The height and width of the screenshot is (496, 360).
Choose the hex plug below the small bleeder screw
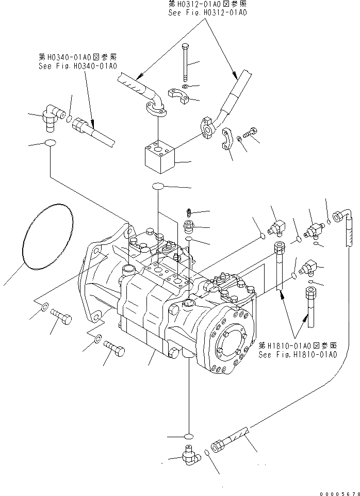[x=189, y=226]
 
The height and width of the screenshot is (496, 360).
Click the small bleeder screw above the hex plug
[x=189, y=211]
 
